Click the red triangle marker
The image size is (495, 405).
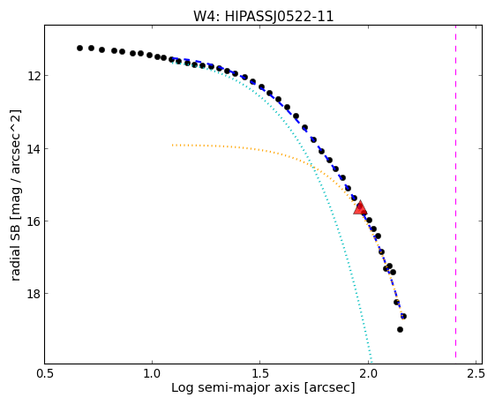[x=360, y=207]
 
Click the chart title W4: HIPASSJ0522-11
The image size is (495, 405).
[x=263, y=16]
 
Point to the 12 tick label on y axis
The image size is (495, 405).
[x=34, y=76]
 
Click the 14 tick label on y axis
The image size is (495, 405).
[x=34, y=148]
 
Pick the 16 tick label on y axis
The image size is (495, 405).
[x=34, y=221]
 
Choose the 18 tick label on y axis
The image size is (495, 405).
[x=34, y=294]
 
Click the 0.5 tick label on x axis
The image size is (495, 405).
[x=44, y=373]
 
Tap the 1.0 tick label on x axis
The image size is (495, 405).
[x=152, y=373]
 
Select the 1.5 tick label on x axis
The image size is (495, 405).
[x=259, y=373]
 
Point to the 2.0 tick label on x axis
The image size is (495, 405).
[x=368, y=373]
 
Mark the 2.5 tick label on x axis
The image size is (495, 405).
[x=476, y=373]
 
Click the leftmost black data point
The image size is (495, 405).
[x=80, y=48]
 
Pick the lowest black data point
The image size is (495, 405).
[x=400, y=329]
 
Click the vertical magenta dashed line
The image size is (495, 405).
[x=455, y=191]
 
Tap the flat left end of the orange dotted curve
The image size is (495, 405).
[x=172, y=146]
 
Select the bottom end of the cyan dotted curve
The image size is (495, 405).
[x=371, y=362]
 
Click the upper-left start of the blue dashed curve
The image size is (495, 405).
[x=173, y=58]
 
